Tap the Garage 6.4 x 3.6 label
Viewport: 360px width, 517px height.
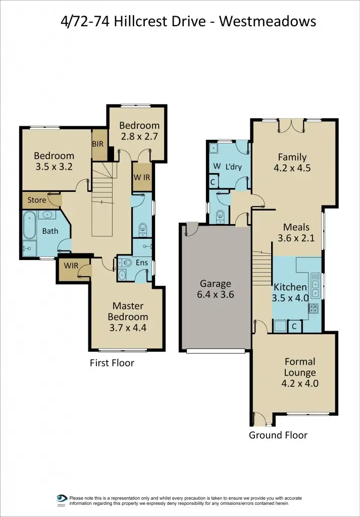coord(215,289)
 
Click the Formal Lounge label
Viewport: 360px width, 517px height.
coord(299,367)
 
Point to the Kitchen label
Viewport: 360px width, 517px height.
coord(290,287)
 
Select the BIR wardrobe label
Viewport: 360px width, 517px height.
coord(98,144)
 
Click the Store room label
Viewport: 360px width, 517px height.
coord(36,200)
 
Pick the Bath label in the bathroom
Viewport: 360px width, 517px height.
coord(50,231)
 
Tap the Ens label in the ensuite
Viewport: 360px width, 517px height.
coord(141,263)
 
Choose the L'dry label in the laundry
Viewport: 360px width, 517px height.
coord(233,166)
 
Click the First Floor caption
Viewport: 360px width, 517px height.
coord(112,363)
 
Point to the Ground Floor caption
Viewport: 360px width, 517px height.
coord(278,435)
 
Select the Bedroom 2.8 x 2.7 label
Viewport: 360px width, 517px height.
coord(139,131)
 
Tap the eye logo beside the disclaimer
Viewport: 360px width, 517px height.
coord(62,498)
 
